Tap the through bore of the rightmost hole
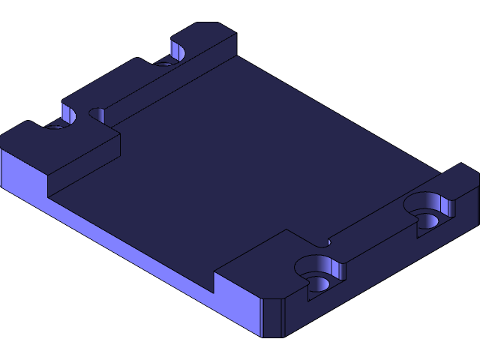(427, 220)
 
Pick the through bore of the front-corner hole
(319, 283)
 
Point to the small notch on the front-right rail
(324, 242)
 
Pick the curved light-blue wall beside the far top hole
(178, 51)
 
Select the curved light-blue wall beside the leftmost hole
(68, 114)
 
